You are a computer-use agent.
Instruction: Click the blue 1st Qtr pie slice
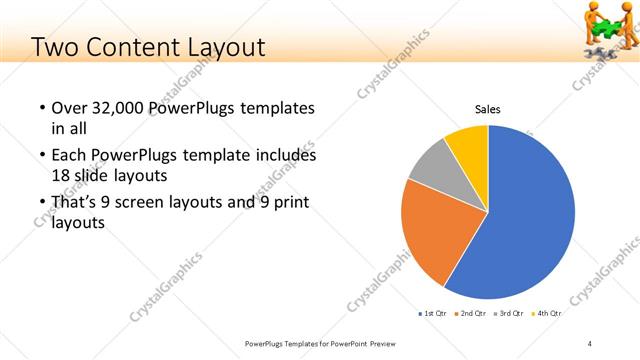click(x=530, y=215)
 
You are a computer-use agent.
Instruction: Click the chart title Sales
click(x=487, y=109)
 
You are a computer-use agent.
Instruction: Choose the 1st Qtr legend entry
click(x=433, y=314)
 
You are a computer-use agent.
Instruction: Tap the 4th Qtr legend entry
click(x=547, y=314)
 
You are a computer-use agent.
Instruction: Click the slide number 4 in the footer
click(x=590, y=344)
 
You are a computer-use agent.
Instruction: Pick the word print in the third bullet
click(x=288, y=203)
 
